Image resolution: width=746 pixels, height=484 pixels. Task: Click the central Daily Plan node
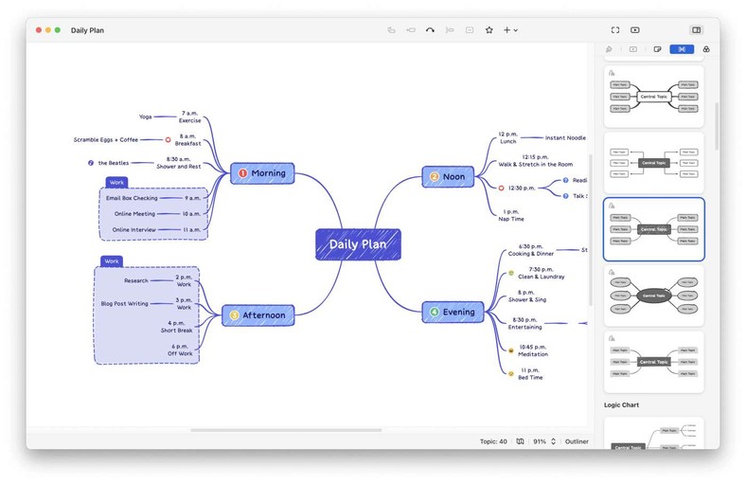(x=358, y=244)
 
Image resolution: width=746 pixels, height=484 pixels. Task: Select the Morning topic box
(x=262, y=173)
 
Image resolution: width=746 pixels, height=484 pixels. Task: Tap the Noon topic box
(x=447, y=176)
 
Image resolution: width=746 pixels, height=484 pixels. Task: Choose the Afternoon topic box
(x=258, y=315)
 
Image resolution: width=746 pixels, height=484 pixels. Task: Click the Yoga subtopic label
(x=145, y=117)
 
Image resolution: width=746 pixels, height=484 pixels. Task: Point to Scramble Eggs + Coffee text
(x=106, y=139)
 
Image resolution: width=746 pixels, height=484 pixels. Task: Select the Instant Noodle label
(x=565, y=138)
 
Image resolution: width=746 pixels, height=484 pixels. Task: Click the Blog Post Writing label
(x=125, y=303)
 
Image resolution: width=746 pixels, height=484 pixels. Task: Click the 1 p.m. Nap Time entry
(x=510, y=215)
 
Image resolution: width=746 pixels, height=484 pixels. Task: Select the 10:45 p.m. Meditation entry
(x=533, y=350)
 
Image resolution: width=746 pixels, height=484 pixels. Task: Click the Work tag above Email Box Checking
(x=116, y=182)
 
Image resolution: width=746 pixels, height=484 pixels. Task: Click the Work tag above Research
(x=112, y=260)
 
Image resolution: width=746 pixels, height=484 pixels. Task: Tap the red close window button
(x=39, y=30)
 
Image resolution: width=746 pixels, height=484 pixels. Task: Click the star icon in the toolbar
(x=489, y=30)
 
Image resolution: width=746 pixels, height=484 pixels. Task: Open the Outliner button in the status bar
(x=577, y=441)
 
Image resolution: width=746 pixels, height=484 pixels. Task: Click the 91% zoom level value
(x=540, y=441)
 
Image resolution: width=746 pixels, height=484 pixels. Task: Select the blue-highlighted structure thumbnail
(x=653, y=229)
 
